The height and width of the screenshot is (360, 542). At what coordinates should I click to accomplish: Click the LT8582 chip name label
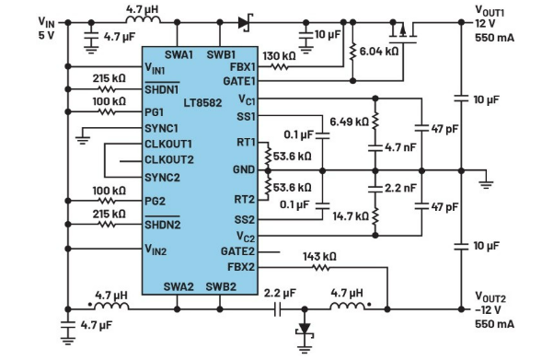pyautogui.click(x=202, y=103)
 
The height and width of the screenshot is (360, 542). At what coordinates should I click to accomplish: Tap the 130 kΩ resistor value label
pyautogui.click(x=279, y=56)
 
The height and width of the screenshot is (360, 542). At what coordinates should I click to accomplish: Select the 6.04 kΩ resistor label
pyautogui.click(x=379, y=52)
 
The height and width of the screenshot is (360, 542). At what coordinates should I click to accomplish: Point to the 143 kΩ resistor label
pyautogui.click(x=319, y=257)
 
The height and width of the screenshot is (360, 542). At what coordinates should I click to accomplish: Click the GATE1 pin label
pyautogui.click(x=239, y=81)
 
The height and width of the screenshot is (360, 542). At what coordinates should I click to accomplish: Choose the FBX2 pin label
pyautogui.click(x=241, y=267)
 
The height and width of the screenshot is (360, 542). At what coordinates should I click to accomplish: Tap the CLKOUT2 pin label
pyautogui.click(x=169, y=160)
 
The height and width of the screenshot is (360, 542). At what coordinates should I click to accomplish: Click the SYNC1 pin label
pyautogui.click(x=161, y=129)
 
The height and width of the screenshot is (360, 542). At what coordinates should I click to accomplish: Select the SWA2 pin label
pyautogui.click(x=179, y=286)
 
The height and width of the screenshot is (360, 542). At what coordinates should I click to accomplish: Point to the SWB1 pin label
pyautogui.click(x=221, y=54)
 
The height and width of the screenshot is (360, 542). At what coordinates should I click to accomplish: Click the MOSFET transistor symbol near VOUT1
pyautogui.click(x=403, y=33)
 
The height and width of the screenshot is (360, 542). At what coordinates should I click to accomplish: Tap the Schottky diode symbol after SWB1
pyautogui.click(x=246, y=23)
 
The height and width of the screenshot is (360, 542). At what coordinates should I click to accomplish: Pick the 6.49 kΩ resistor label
pyautogui.click(x=349, y=122)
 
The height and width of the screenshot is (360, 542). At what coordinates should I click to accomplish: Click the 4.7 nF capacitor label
pyautogui.click(x=400, y=147)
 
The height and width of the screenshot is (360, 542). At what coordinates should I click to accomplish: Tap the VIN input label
pyautogui.click(x=46, y=22)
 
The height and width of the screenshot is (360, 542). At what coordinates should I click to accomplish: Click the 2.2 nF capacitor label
pyautogui.click(x=400, y=188)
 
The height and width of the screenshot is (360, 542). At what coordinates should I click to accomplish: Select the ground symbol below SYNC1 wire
pyautogui.click(x=82, y=139)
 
